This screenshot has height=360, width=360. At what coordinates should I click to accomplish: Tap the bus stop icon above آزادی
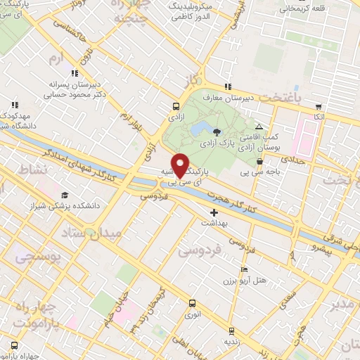[174, 108]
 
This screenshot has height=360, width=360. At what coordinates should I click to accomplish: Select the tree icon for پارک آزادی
[217, 131]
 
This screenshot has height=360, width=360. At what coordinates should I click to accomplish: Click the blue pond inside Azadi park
[198, 129]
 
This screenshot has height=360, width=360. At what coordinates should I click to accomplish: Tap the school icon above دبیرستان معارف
[227, 87]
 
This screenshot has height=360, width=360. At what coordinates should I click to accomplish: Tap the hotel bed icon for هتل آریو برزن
[244, 269]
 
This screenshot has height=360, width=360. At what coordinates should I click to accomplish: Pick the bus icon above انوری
[192, 304]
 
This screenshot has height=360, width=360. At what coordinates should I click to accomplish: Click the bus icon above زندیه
[231, 329]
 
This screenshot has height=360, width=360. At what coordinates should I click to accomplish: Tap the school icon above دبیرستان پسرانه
[73, 72]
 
